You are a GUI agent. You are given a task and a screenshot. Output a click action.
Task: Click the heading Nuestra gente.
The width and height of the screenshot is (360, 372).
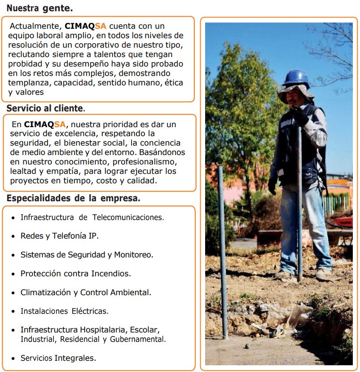pyautogui.click(x=40, y=8)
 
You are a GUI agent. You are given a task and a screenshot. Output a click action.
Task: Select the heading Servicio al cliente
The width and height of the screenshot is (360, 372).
pyautogui.click(x=45, y=108)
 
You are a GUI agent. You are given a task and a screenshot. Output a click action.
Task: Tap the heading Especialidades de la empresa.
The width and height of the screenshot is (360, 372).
pyautogui.click(x=73, y=198)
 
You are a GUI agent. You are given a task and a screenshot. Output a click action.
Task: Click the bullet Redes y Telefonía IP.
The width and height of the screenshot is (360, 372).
pyautogui.click(x=59, y=236)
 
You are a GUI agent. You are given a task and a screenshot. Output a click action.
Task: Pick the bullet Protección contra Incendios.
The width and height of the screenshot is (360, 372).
pyautogui.click(x=75, y=274)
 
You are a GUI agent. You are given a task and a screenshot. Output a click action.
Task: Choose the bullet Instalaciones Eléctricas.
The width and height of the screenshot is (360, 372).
pyautogui.click(x=64, y=311)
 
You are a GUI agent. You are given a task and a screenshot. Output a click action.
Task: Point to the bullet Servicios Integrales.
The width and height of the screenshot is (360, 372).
pyautogui.click(x=58, y=358)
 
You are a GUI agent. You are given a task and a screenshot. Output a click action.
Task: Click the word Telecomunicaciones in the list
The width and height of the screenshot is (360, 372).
pyautogui.click(x=128, y=217)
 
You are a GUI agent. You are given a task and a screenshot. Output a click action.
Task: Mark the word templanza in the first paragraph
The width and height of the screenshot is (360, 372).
pyautogui.click(x=30, y=83)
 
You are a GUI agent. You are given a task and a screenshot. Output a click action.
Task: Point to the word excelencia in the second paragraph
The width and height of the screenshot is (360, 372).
pyautogui.click(x=75, y=133)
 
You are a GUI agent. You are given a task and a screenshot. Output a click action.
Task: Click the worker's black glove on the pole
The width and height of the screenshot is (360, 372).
pyautogui.click(x=300, y=115)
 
